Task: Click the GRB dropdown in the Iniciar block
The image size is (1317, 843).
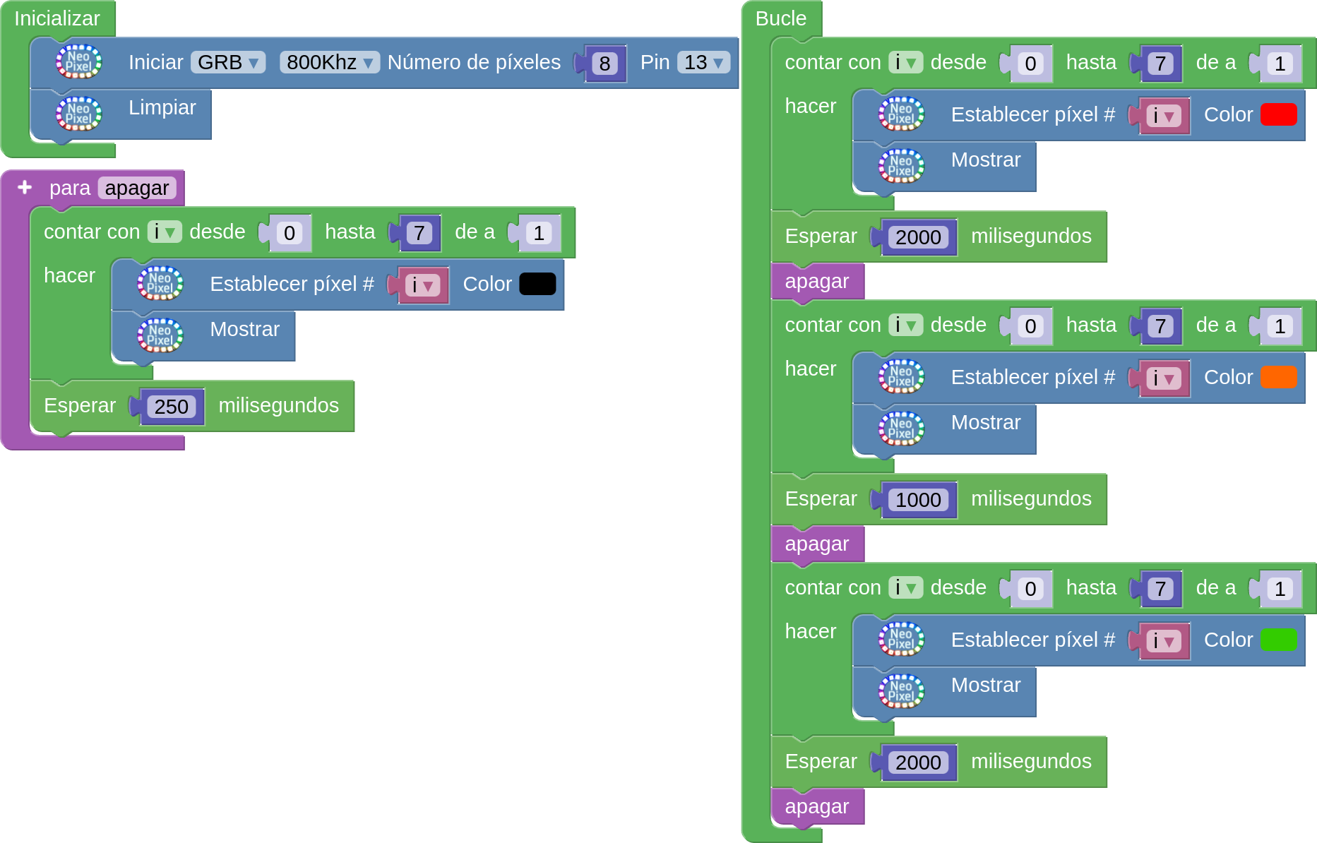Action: [x=227, y=63]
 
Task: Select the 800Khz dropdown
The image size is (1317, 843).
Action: [x=329, y=63]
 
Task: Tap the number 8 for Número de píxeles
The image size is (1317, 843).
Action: [x=604, y=64]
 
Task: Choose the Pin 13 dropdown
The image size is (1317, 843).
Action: [x=703, y=63]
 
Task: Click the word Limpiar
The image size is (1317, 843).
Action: [x=162, y=107]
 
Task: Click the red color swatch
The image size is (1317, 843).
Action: [x=1278, y=114]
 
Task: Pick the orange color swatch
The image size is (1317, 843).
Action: [x=1278, y=377]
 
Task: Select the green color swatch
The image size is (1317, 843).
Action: [x=1278, y=640]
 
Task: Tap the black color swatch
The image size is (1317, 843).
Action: [x=537, y=284]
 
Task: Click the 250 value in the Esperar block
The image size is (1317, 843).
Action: [x=172, y=407]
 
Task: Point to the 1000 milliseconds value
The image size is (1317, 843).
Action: [x=918, y=500]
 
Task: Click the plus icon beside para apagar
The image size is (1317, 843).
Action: [x=25, y=187]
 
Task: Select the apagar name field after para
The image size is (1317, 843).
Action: [x=137, y=188]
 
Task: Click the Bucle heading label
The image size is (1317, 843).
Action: [x=780, y=18]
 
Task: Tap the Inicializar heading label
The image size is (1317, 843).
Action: [x=57, y=18]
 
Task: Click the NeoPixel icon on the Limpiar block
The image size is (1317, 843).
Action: [x=78, y=114]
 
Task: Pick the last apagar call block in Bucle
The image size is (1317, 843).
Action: [x=817, y=806]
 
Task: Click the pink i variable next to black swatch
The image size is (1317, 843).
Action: [x=422, y=285]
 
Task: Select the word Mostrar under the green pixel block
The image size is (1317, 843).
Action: [x=986, y=685]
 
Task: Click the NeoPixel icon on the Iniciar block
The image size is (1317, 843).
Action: [x=78, y=61]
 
